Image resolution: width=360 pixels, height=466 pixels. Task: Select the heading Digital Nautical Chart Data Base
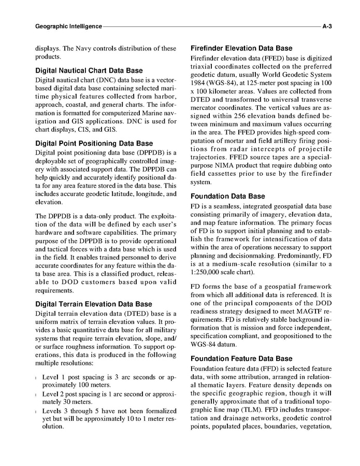point(89,70)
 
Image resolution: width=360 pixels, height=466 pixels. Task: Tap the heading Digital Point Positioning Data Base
point(94,143)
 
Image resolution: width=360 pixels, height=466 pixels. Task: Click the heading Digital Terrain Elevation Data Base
point(93,304)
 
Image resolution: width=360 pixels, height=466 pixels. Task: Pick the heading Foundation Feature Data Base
point(241,359)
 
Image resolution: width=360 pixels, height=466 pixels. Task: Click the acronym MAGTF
point(294,313)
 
